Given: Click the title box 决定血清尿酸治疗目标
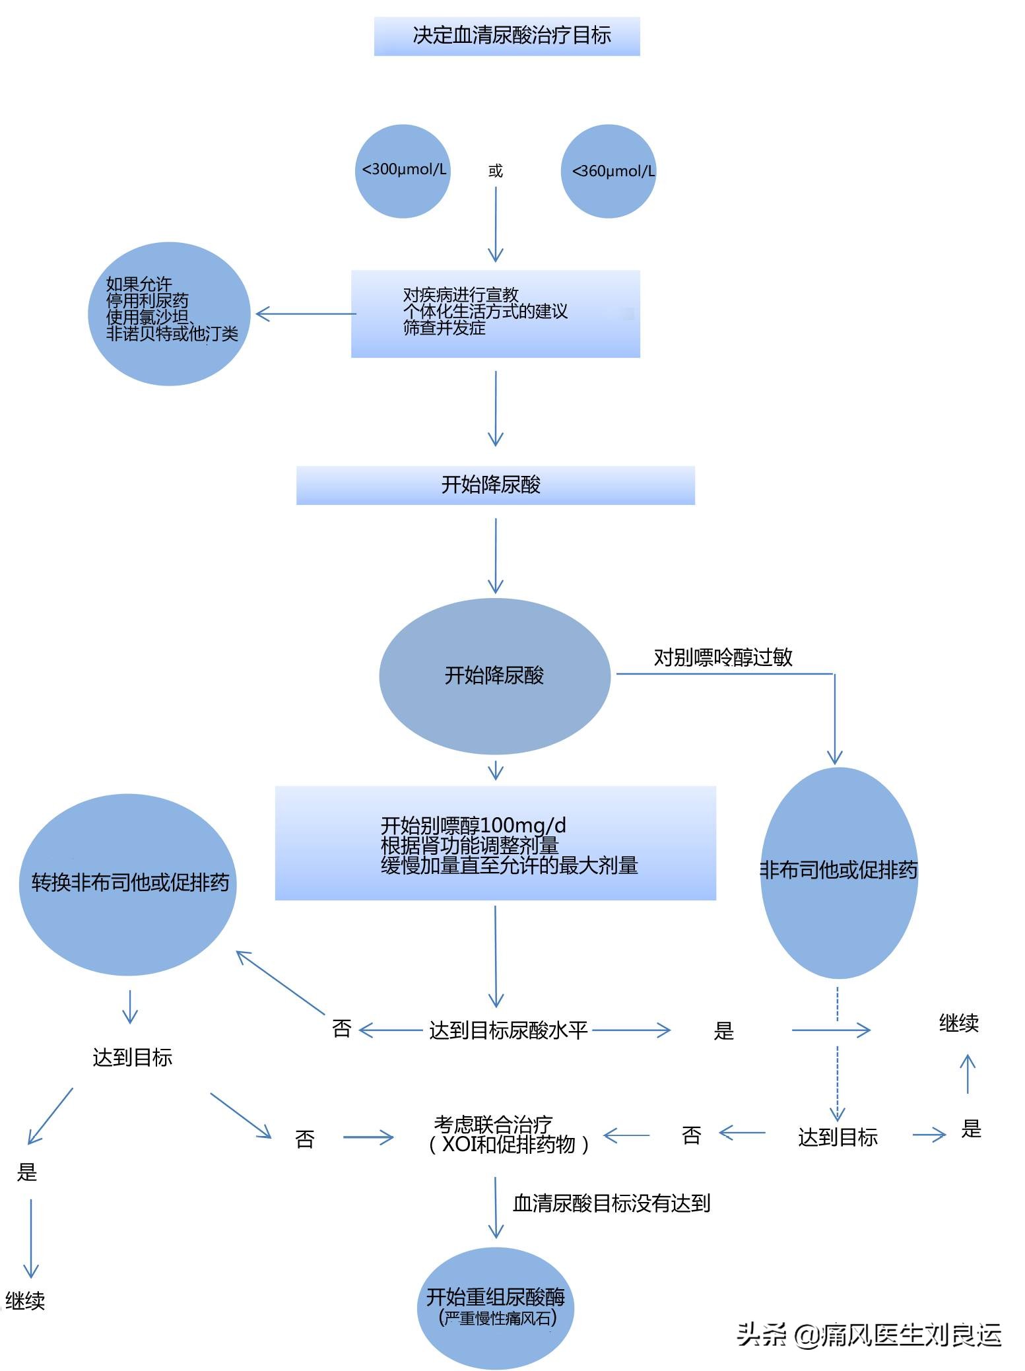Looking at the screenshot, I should coord(507,36).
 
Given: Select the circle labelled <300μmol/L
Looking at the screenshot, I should coord(403,171).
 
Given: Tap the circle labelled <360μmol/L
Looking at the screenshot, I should coord(609,172).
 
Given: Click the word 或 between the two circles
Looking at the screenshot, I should coord(495,172).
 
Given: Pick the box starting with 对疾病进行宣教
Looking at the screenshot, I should coord(495,314).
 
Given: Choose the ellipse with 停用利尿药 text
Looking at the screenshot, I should coord(169,314).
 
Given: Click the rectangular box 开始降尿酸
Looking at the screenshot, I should coord(495,485).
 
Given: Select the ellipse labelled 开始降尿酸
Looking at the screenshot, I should coord(494,676).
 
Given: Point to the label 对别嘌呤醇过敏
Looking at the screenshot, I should coord(723,657).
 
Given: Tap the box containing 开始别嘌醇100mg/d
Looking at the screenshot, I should coord(495,844).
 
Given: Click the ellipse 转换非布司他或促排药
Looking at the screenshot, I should coord(128,884).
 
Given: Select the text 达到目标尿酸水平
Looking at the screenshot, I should coord(508,1030).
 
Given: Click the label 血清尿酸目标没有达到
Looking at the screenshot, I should coord(611,1203).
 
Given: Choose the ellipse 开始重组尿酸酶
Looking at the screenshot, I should coord(496,1307).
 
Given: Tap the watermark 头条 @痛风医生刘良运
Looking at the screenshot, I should coord(869,1335).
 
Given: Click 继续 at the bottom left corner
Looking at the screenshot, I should coord(25,1301).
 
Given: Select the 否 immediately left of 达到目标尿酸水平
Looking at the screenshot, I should coord(341,1028).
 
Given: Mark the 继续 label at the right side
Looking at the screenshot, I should coord(958,1024).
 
